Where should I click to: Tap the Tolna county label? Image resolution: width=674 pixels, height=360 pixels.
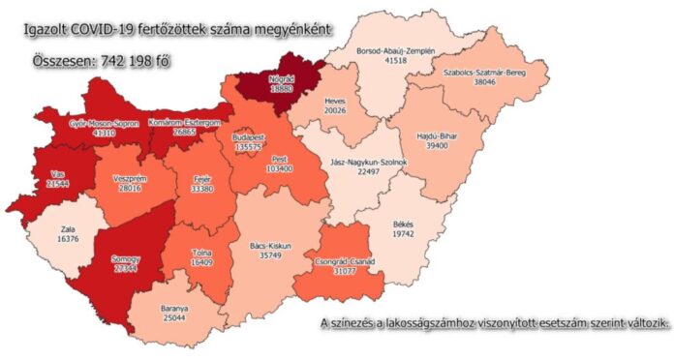point(203,251)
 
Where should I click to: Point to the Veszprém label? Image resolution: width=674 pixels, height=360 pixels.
point(129,179)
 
